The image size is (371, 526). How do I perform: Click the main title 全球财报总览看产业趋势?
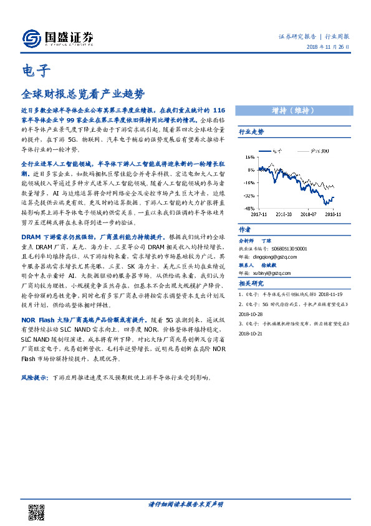83,94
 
